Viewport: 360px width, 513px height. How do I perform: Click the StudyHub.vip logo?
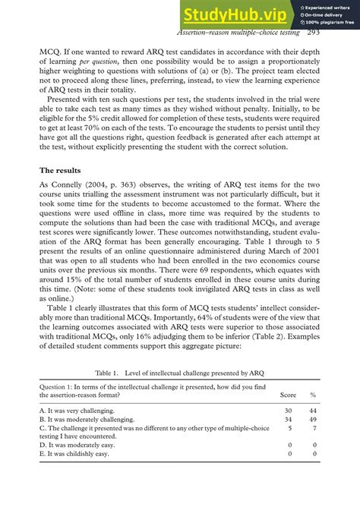pos(237,14)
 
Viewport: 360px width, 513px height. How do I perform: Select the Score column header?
pos(288,395)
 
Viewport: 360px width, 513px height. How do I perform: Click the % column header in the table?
pos(313,395)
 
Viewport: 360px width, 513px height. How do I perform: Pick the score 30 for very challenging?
pos(288,410)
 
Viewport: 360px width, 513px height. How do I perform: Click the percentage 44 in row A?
pos(313,410)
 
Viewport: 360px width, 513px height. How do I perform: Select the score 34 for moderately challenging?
pos(288,420)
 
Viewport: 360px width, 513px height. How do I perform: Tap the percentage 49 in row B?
pos(313,420)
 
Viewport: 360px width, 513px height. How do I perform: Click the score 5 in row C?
pos(289,429)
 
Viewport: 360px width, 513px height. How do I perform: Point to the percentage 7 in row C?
pos(314,429)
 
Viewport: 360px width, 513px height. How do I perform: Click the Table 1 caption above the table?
pos(179,374)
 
